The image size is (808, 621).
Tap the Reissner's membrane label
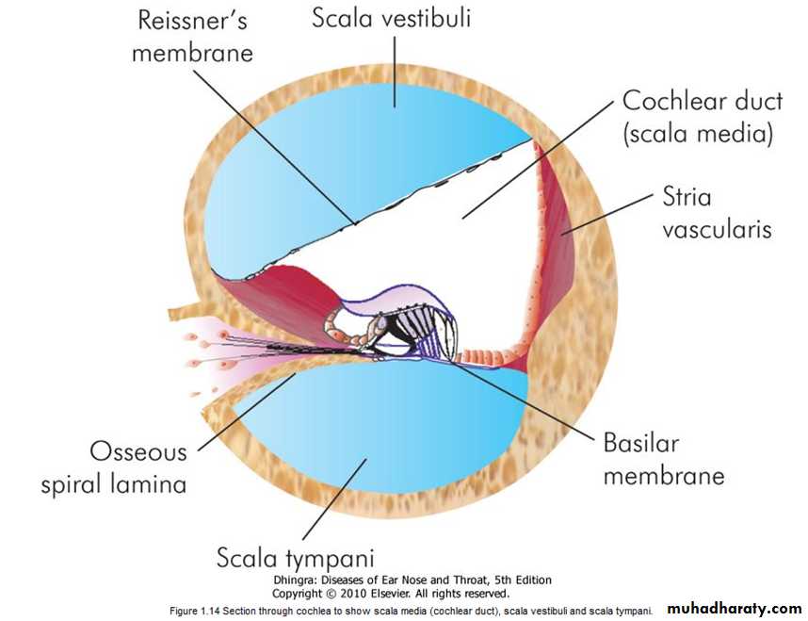pos(193,36)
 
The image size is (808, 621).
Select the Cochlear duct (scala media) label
pos(698,117)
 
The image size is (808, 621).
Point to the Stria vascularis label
pos(717,214)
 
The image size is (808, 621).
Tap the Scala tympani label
pos(301,557)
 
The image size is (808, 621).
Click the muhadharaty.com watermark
pos(735,609)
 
